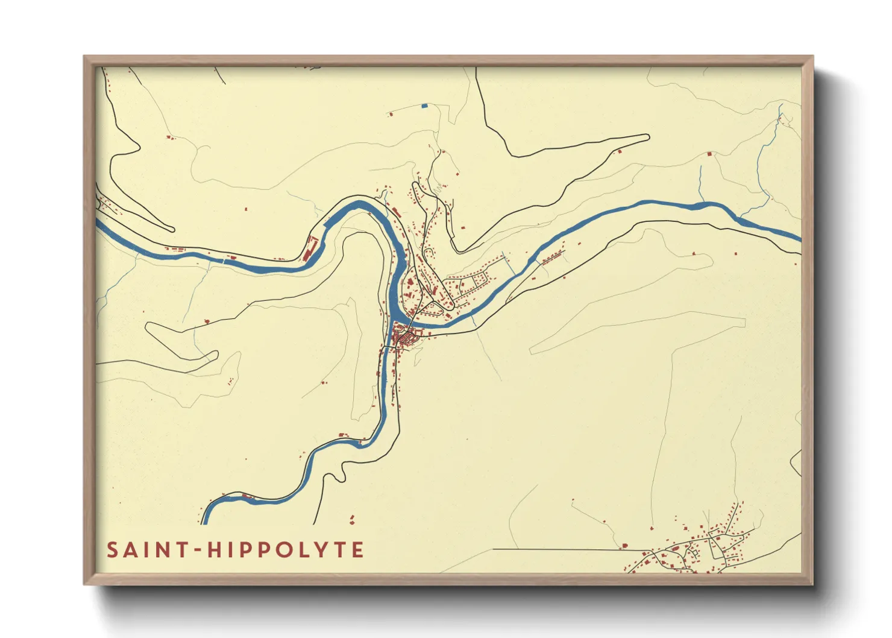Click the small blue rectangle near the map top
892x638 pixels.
(x=424, y=106)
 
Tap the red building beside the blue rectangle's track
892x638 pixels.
(x=391, y=113)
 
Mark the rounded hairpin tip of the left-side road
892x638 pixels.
(x=172, y=229)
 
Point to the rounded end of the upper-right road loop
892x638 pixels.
(x=648, y=137)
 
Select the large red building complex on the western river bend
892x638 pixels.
(x=310, y=247)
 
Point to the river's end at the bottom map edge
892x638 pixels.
(x=205, y=522)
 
